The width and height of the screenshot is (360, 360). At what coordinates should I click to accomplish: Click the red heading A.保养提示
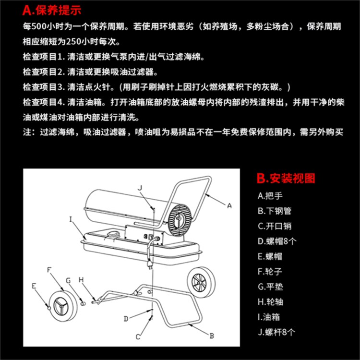pos(52,11)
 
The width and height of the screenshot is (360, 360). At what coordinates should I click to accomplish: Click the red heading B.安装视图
pos(286,179)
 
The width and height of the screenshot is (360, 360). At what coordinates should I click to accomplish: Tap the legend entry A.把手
pos(270,196)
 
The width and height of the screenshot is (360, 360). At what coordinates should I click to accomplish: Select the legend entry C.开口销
pos(275,226)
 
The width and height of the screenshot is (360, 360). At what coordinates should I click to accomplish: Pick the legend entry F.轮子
pos(270,272)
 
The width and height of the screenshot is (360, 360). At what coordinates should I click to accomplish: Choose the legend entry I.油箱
pos(269,317)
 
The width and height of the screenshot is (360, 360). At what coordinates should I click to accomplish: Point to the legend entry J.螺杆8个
pos(276,332)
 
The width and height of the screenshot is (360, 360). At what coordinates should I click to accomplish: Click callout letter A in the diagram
pos(229,206)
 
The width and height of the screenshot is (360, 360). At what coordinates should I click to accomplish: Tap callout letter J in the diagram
pos(140,188)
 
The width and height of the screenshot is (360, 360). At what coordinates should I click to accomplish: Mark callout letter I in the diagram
pos(71,219)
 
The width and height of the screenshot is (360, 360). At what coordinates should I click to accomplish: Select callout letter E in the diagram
pos(34,286)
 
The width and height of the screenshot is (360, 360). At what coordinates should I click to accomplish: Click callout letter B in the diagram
pos(212,336)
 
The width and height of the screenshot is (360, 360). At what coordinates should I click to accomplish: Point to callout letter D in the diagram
pos(126,319)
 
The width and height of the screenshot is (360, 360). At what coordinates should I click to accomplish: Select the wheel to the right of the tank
pos(201,282)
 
